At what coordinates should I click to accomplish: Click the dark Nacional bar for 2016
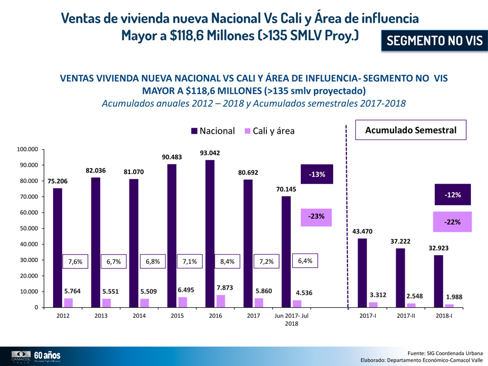[210, 233]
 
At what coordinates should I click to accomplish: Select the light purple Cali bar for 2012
[68, 302]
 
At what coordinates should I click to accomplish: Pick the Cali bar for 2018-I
[449, 306]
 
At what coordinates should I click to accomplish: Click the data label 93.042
[210, 153]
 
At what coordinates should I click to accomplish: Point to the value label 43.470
[363, 231]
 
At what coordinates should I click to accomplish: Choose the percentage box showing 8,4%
[231, 262]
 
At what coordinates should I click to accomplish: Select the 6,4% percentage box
[306, 261]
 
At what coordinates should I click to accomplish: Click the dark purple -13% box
[317, 174]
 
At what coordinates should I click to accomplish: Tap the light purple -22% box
[452, 222]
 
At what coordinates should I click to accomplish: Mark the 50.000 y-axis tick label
[28, 229]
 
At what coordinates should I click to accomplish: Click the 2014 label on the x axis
[139, 316]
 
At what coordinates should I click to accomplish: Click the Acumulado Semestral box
[411, 130]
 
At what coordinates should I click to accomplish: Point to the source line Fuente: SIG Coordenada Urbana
[445, 353]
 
